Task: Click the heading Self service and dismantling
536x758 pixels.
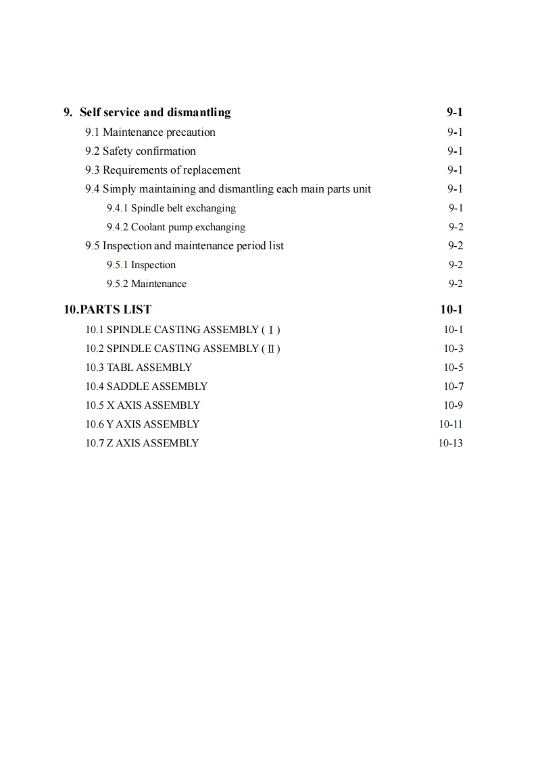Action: click(155, 112)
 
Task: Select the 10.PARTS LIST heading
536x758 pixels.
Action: click(107, 309)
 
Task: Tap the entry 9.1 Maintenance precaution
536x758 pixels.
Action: click(150, 132)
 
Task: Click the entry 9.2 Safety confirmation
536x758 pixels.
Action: click(140, 151)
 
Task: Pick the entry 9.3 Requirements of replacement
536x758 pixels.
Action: click(162, 170)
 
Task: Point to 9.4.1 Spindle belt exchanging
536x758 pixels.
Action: click(171, 208)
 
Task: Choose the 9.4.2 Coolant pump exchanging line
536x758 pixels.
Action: click(176, 227)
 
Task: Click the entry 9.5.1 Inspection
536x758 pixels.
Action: click(141, 265)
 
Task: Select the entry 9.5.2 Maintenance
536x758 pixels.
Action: click(146, 284)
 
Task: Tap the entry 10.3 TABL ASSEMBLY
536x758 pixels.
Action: click(139, 368)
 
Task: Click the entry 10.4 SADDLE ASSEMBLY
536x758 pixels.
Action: click(146, 386)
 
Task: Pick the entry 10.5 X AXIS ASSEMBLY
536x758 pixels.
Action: click(143, 405)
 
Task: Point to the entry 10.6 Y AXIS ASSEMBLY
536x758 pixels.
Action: click(142, 424)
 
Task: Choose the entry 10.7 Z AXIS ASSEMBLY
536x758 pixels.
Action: click(142, 443)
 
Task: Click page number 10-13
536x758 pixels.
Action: click(450, 443)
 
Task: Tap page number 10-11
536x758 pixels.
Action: click(450, 424)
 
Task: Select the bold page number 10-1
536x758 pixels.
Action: click(451, 309)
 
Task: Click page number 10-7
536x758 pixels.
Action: click(453, 386)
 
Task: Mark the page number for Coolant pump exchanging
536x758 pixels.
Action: click(456, 227)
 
